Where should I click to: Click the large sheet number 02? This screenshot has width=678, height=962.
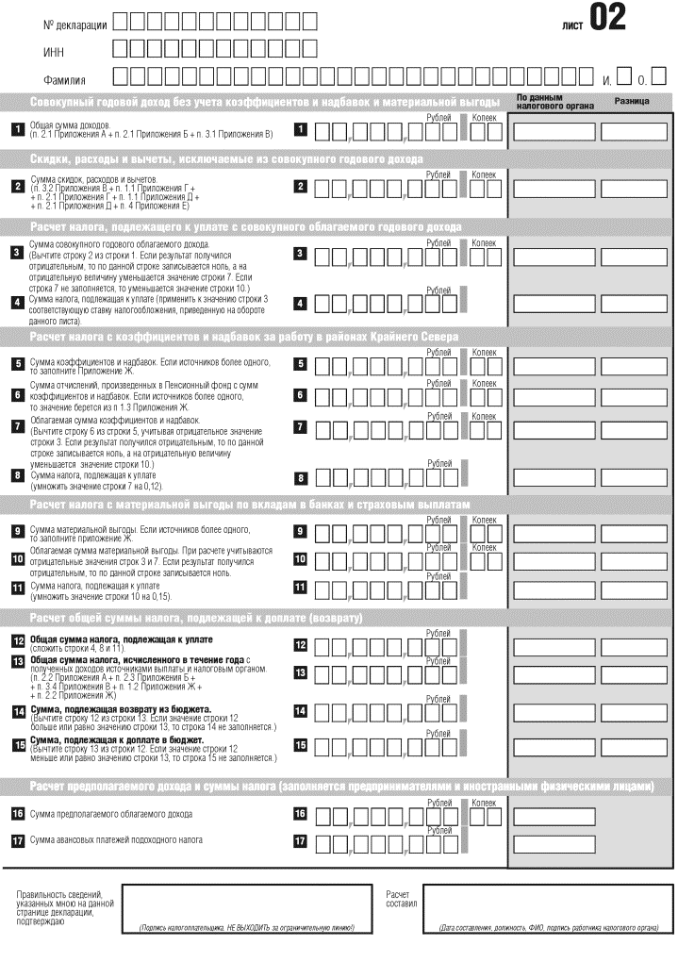coord(607,19)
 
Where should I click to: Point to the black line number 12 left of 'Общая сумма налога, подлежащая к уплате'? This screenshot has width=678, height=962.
coord(17,641)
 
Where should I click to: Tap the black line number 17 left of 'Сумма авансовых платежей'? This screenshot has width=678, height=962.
coord(17,840)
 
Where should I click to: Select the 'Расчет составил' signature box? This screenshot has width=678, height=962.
coord(548,908)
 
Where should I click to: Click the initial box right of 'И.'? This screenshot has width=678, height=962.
coord(623,75)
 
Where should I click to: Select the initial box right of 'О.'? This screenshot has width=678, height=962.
coord(659,75)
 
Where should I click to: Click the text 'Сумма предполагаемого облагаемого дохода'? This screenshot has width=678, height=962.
coord(111,813)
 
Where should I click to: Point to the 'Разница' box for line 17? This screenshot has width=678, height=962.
coord(634,842)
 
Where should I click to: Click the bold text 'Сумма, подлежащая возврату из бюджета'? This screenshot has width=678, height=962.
coord(120,707)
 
